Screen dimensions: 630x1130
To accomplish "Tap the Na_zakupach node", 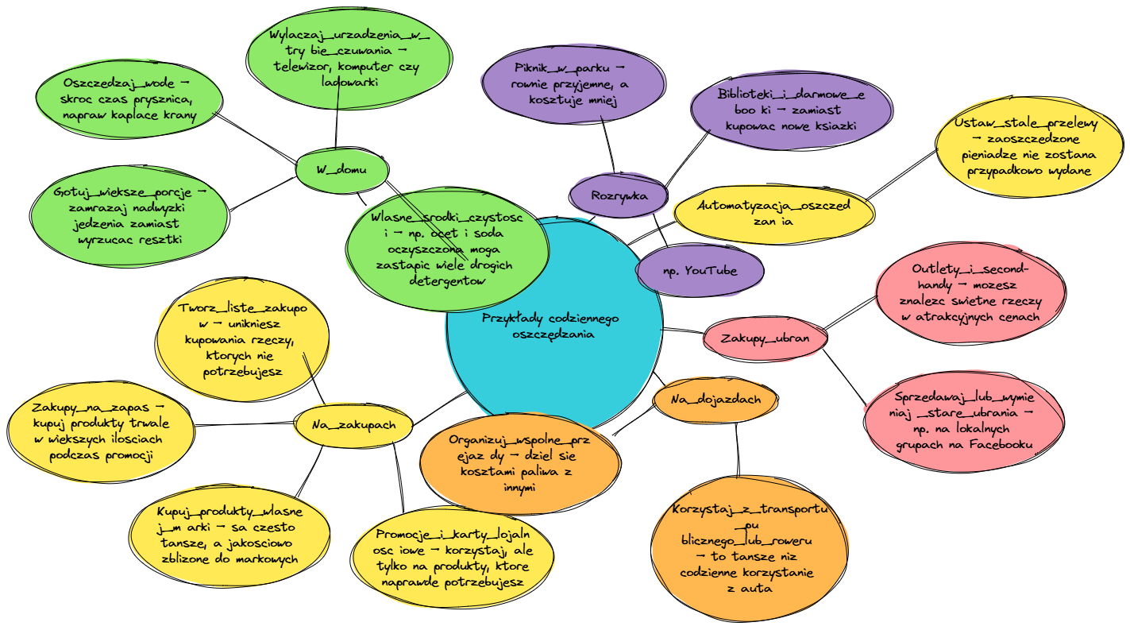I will point(353,425).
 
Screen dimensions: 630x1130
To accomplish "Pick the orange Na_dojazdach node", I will point(715,400).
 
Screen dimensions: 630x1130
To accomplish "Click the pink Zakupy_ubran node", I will point(765,338).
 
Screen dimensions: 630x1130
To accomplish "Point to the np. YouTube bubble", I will point(700,270).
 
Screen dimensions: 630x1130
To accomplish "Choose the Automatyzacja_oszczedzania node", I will point(773,213).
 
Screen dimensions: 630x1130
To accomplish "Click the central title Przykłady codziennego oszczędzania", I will point(550,326).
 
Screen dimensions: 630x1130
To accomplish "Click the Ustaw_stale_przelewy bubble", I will point(1030,147).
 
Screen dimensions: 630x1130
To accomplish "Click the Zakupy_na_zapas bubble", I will point(100,431).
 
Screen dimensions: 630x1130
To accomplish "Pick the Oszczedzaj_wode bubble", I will point(128,99).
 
